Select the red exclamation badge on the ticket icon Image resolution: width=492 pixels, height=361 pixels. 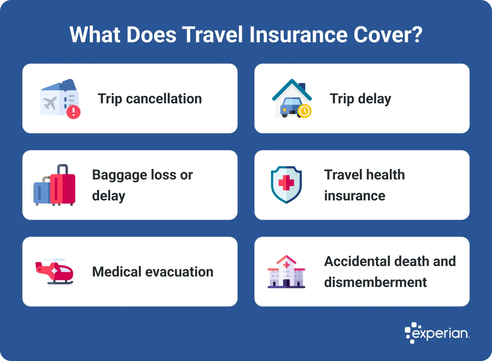pyautogui.click(x=74, y=112)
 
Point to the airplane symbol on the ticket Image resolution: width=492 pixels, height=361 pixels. pyautogui.click(x=50, y=103)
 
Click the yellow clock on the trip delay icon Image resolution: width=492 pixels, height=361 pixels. pyautogui.click(x=305, y=111)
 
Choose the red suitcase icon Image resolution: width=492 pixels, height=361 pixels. pyautogui.click(x=63, y=187)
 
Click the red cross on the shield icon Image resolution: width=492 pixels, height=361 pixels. pyautogui.click(x=286, y=183)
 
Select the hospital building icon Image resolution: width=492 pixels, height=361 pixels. pyautogui.click(x=286, y=272)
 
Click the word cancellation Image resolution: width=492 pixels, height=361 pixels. pyautogui.click(x=164, y=99)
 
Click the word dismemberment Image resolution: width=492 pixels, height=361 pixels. pyautogui.click(x=375, y=282)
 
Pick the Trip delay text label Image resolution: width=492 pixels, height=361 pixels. pyautogui.click(x=360, y=99)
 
